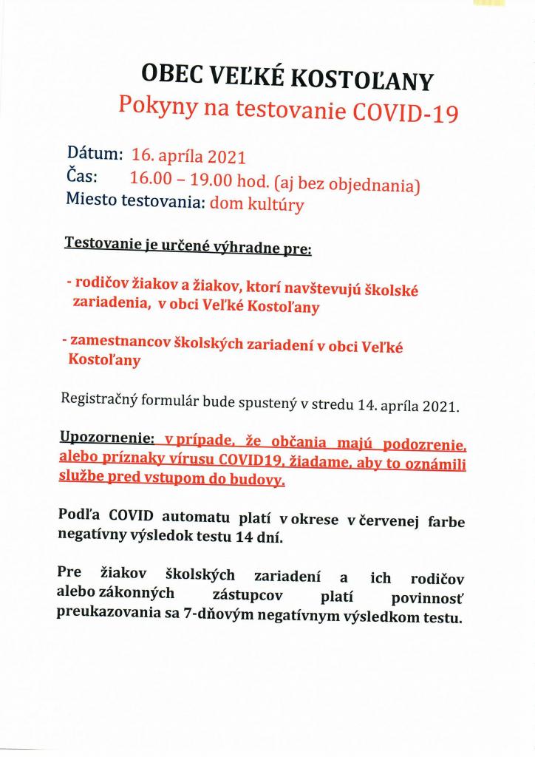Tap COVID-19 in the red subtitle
[x=405, y=112]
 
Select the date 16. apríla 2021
[x=188, y=157]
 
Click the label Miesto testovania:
[x=135, y=200]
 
